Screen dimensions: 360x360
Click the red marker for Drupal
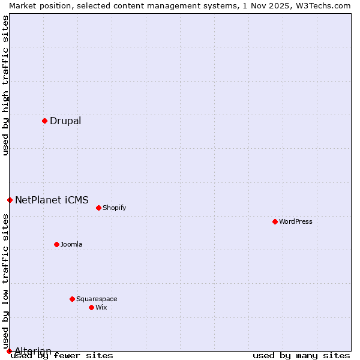click(x=44, y=121)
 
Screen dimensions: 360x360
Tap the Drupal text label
click(x=65, y=121)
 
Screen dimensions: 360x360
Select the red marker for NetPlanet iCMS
click(x=10, y=200)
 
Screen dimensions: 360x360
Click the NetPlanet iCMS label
click(x=52, y=200)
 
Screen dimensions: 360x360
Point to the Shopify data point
click(x=98, y=208)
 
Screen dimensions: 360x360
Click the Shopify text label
click(x=114, y=208)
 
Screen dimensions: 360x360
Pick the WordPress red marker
click(x=275, y=221)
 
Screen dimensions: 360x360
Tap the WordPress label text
click(x=295, y=222)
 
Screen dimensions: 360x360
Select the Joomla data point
click(x=56, y=244)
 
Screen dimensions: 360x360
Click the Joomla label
click(x=71, y=245)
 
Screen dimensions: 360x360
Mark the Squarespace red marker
click(x=72, y=299)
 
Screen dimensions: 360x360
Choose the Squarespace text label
click(x=97, y=299)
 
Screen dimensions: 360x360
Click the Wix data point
click(x=91, y=307)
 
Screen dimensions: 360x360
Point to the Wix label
click(x=101, y=308)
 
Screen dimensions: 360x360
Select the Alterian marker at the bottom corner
click(x=9, y=351)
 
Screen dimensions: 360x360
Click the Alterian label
click(x=33, y=351)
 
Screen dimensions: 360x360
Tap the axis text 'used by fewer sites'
click(x=62, y=356)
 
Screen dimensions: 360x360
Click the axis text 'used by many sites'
click(x=301, y=356)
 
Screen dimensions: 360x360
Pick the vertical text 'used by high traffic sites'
click(x=5, y=85)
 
